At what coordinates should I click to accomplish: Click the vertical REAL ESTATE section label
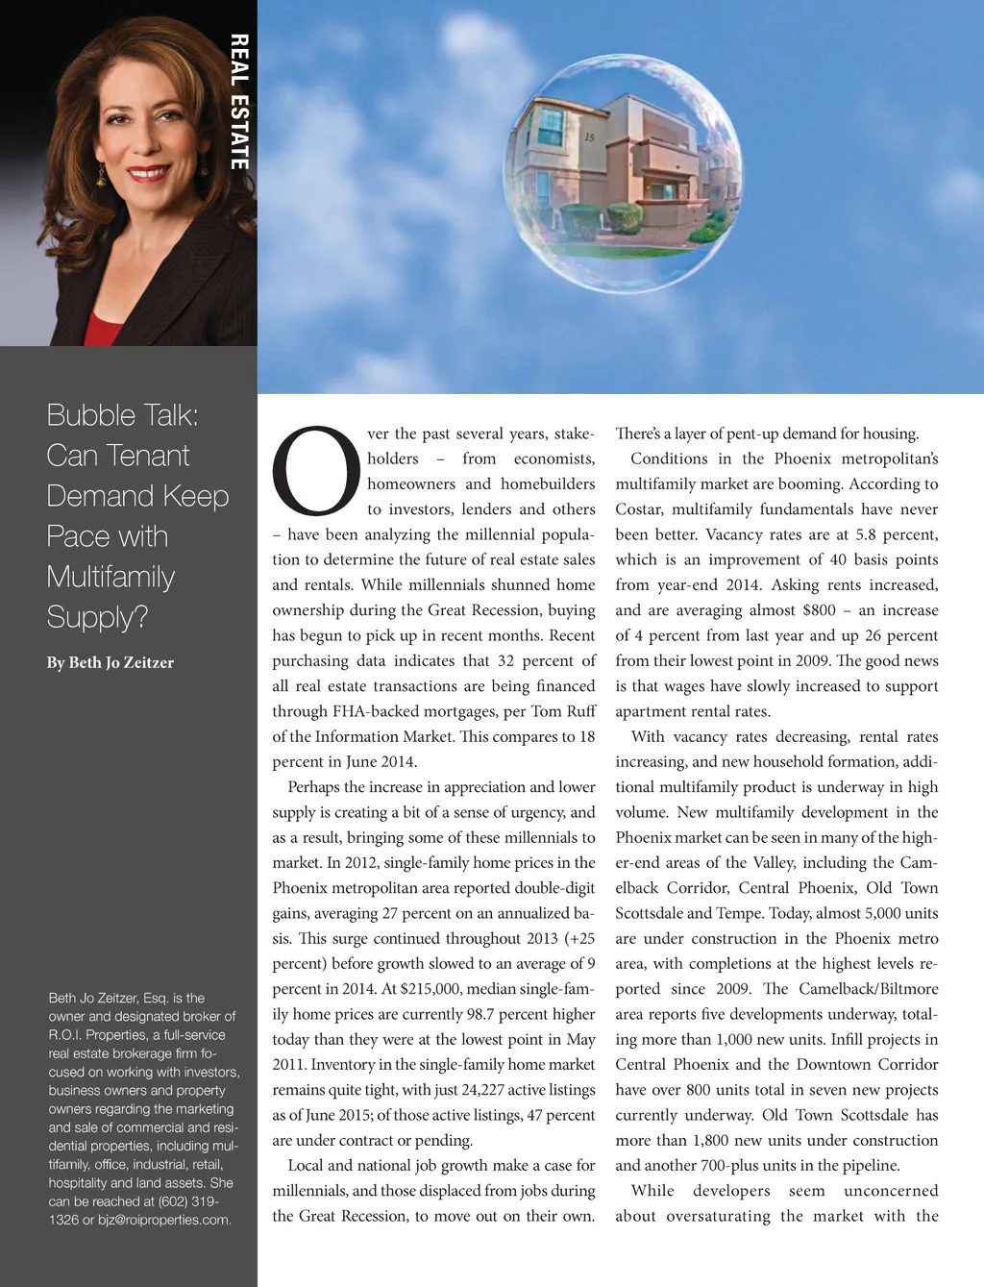point(239,102)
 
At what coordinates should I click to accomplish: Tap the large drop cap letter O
point(316,471)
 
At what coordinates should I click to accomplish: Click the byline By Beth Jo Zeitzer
point(111,662)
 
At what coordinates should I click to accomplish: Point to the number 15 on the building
point(589,137)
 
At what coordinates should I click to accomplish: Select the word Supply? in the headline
point(97,616)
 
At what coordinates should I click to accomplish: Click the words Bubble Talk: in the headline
point(122,415)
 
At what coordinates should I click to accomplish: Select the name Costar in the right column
point(639,509)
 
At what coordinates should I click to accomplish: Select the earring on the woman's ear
point(100,175)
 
